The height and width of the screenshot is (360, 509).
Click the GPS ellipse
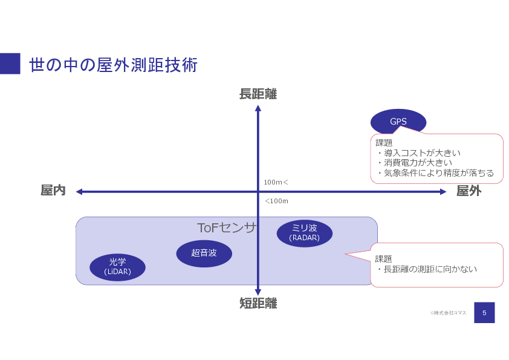click(x=398, y=122)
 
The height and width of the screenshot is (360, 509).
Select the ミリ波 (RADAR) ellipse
click(x=304, y=233)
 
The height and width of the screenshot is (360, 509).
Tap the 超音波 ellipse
click(x=204, y=253)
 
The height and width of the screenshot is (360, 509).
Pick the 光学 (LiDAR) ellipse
click(x=117, y=267)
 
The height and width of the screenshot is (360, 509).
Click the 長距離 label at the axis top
click(x=258, y=94)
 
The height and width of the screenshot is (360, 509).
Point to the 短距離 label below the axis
click(x=258, y=303)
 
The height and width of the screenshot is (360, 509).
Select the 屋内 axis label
click(x=53, y=191)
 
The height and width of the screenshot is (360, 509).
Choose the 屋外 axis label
click(x=468, y=191)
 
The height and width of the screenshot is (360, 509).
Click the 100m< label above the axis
click(x=276, y=182)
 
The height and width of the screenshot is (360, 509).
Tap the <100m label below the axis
click(x=276, y=201)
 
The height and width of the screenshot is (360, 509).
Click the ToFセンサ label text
click(x=227, y=227)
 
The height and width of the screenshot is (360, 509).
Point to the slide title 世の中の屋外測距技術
click(x=113, y=65)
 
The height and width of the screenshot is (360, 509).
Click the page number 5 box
click(x=484, y=312)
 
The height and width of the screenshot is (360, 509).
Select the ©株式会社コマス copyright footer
click(x=448, y=313)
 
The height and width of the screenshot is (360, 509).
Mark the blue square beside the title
click(x=10, y=64)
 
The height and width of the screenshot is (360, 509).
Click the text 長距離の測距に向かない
click(x=430, y=269)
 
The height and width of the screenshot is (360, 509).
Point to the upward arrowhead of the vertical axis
click(x=258, y=108)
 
